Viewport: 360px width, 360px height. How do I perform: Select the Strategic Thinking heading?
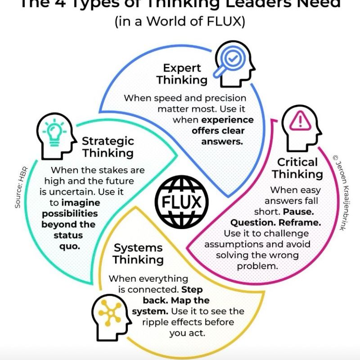[x=108, y=147]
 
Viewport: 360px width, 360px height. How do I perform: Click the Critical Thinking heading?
[x=297, y=168]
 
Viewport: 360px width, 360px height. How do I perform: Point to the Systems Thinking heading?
[x=138, y=254]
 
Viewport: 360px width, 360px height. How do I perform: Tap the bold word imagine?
[x=81, y=203]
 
